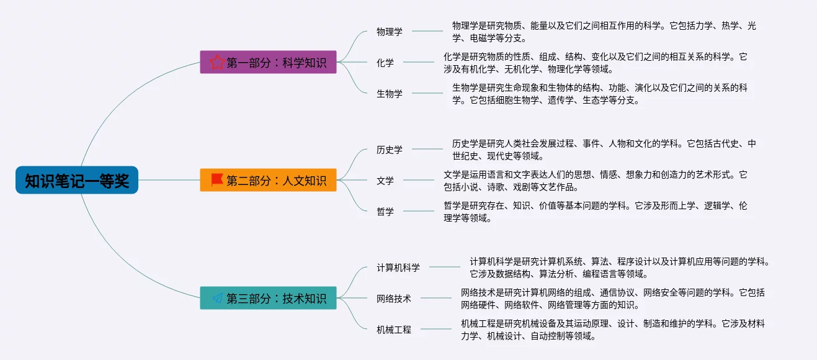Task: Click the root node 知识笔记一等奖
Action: pos(77,181)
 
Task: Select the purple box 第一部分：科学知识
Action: pos(268,62)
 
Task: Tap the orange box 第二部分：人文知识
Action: pos(268,180)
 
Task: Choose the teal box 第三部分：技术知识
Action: pos(268,298)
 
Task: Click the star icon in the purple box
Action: pos(217,62)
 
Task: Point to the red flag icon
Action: pos(217,180)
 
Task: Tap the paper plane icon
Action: pos(217,298)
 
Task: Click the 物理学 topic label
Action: pos(389,32)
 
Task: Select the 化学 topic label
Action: pos(385,63)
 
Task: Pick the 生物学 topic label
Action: pos(389,94)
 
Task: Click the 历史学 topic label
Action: pos(389,150)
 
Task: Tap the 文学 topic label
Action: pos(385,181)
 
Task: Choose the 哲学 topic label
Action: pos(385,212)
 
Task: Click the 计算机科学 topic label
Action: pos(398,268)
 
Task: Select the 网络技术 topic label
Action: pos(393,299)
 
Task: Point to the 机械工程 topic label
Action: pos(393,330)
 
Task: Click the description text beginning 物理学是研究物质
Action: pos(604,32)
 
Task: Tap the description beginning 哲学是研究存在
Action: pos(595,212)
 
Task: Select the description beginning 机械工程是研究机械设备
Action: pos(612,330)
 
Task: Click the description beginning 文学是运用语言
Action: pos(595,181)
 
